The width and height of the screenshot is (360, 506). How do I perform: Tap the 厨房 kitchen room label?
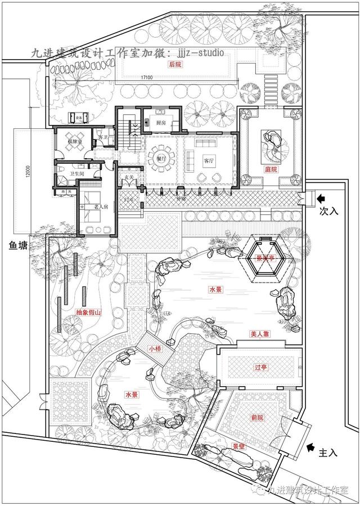point(160,123)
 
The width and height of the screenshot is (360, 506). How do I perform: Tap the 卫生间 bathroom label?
point(77,174)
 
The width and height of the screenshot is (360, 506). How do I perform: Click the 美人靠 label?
point(260,334)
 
